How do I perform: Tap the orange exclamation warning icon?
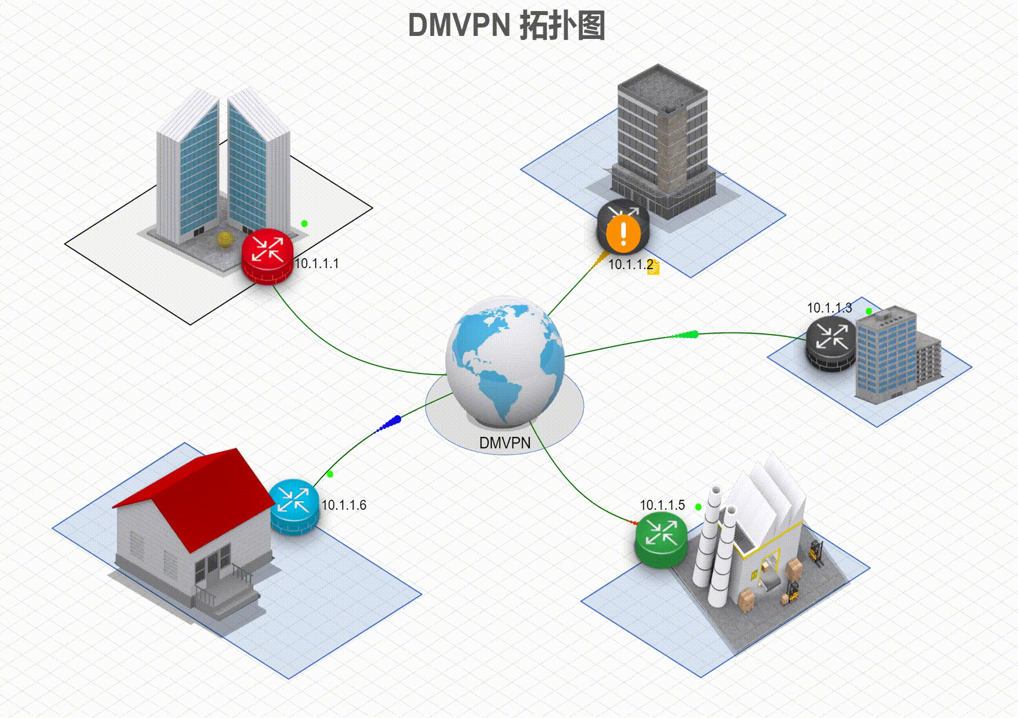point(623,234)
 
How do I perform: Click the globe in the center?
point(505,360)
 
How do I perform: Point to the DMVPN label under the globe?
point(504,443)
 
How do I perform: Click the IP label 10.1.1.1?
point(317,264)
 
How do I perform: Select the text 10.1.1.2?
point(630,265)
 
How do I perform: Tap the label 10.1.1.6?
point(344,505)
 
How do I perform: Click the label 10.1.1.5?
point(662,505)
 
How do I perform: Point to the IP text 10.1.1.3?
point(829,308)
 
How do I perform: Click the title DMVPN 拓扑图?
point(507,26)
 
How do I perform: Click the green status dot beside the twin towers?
point(304,223)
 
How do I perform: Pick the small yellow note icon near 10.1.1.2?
point(653,269)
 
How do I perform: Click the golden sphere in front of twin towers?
point(224,238)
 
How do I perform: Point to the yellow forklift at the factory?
point(816,553)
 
